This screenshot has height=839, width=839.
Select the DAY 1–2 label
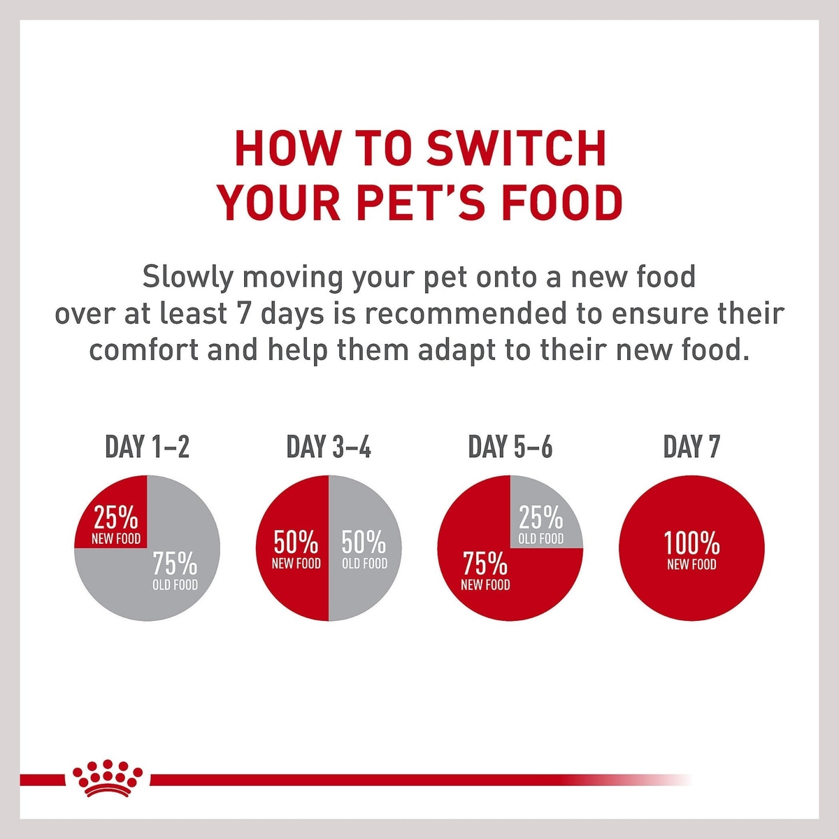coord(147,447)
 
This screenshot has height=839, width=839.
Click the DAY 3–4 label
coord(329,447)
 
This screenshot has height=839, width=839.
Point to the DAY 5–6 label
coord(510,447)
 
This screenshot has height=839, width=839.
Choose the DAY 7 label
coord(691,447)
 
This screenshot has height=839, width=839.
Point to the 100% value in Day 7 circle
coord(691,543)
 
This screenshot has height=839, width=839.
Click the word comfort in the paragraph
coord(144,350)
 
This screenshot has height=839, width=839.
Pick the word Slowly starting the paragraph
coord(187,278)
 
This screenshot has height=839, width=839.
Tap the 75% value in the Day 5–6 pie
coord(485,564)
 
